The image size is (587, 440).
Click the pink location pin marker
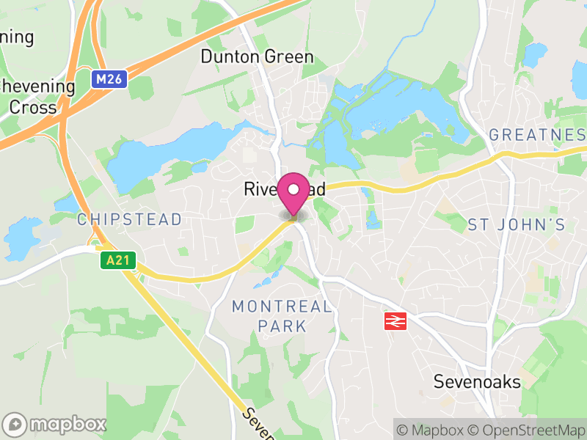293,193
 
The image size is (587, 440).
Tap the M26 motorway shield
110,78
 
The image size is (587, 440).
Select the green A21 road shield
119,260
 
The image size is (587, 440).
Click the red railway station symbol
395,320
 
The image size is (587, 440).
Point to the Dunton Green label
257,56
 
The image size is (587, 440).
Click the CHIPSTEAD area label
129,219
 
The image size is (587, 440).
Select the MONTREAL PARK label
282,316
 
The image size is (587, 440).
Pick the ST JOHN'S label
517,224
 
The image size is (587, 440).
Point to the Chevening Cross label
37,97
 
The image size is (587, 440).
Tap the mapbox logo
55,424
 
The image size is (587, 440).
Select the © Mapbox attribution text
437,430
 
